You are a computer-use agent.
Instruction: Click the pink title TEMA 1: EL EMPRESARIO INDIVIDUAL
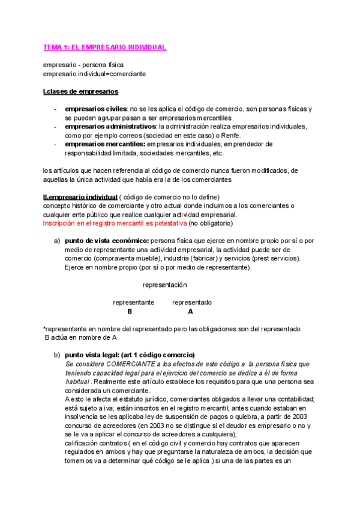point(104,47)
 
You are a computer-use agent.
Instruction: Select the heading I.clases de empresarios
point(80,91)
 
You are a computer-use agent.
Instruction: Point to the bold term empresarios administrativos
point(108,127)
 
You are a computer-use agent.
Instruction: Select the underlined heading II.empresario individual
point(80,197)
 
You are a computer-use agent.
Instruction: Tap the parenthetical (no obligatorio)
point(210,223)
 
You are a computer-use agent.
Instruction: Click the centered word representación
point(165,285)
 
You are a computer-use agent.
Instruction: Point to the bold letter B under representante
point(130,312)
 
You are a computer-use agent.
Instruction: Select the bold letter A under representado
point(190,312)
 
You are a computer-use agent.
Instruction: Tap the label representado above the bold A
point(191,303)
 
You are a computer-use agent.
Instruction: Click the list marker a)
point(58,241)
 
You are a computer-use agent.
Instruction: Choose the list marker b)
point(58,355)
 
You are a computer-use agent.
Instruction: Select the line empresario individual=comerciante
point(94,74)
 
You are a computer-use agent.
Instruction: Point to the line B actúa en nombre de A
point(81,337)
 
